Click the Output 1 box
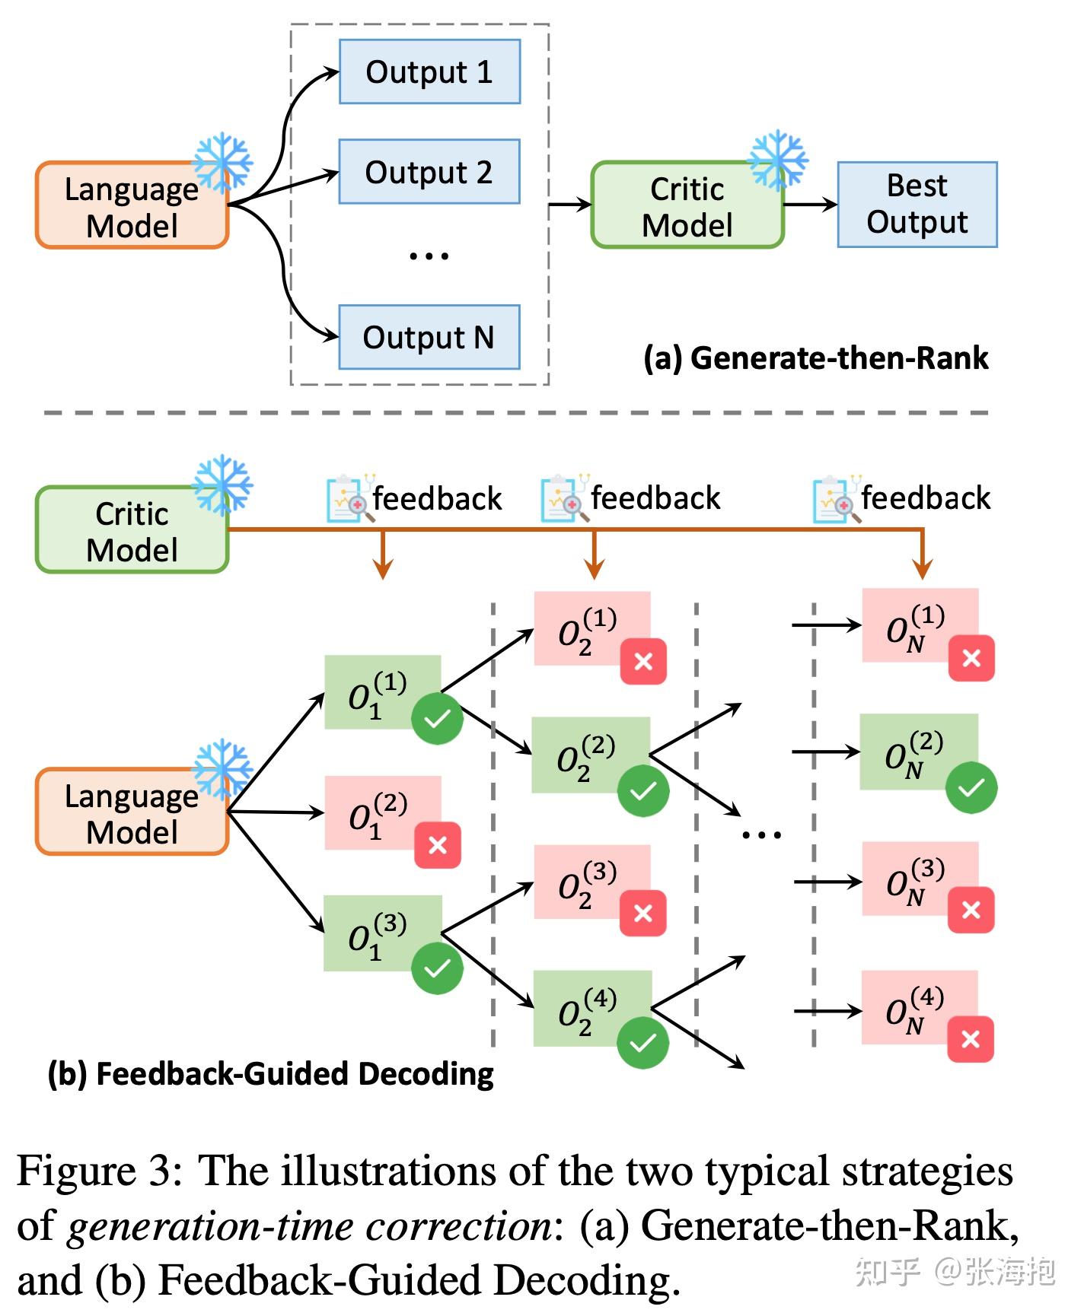[x=429, y=72]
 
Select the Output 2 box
[x=429, y=171]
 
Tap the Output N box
[x=429, y=337]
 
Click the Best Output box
[x=917, y=204]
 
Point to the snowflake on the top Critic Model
[x=777, y=160]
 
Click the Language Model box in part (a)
[x=132, y=205]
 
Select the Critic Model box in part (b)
[x=132, y=530]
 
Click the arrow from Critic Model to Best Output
[x=810, y=204]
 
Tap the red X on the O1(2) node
[x=438, y=844]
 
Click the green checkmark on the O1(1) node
[x=437, y=718]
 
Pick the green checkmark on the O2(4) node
[x=642, y=1042]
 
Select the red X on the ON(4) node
[x=971, y=1038]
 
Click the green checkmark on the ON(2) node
[x=971, y=787]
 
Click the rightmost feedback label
[x=925, y=498]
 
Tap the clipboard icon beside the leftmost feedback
[x=348, y=499]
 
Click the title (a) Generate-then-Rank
[x=815, y=358]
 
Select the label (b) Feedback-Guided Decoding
[x=270, y=1073]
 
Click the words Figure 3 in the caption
[x=99, y=1171]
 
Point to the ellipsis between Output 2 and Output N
[x=429, y=256]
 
